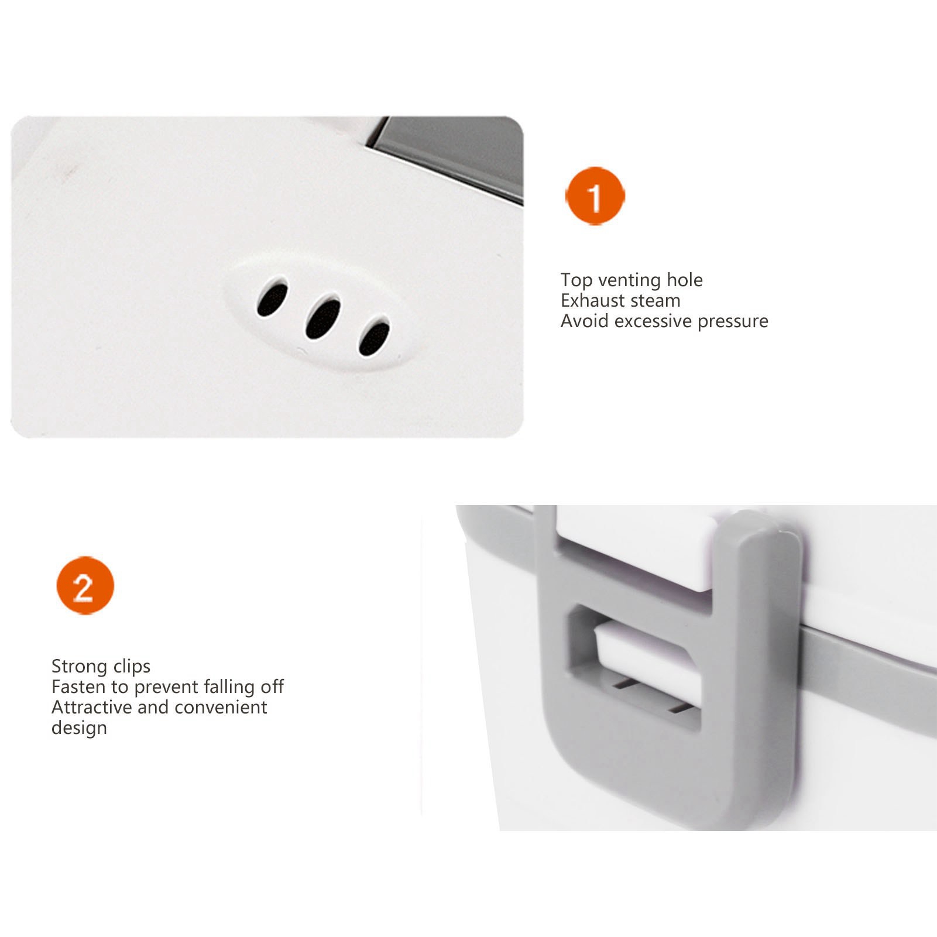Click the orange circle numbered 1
595,196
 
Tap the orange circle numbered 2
85,586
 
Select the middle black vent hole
323,316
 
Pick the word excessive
654,321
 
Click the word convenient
221,708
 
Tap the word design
79,728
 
